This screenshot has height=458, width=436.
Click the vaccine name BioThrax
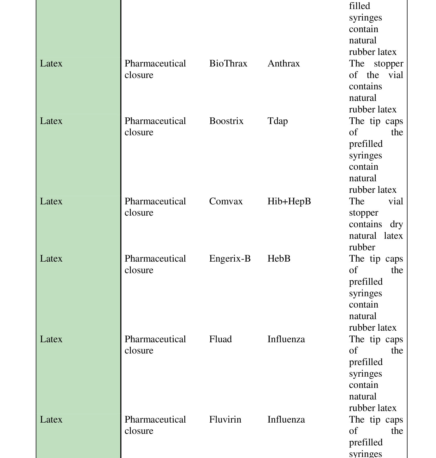click(228, 63)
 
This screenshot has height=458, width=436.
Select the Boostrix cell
click(226, 121)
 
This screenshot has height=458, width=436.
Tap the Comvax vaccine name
click(226, 201)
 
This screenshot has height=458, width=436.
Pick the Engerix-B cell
click(230, 259)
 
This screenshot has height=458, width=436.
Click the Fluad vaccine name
click(220, 339)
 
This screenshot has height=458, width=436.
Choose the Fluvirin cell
click(225, 419)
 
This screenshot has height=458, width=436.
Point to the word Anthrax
click(284, 63)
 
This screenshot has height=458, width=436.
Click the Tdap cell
click(278, 121)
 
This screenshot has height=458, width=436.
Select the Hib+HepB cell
click(289, 201)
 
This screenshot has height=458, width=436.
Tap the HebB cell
click(279, 259)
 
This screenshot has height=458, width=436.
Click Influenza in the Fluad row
click(286, 339)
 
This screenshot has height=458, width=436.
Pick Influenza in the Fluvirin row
click(286, 419)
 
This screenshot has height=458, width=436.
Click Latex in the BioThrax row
click(51, 63)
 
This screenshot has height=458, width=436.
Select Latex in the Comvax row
click(51, 201)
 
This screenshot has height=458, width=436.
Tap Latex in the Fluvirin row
click(51, 419)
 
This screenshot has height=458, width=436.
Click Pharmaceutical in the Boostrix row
click(155, 121)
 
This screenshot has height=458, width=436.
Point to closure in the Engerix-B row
click(139, 270)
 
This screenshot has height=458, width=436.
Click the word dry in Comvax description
click(396, 224)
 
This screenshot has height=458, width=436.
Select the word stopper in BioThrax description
click(388, 63)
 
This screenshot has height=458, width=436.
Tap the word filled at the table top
click(359, 6)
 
